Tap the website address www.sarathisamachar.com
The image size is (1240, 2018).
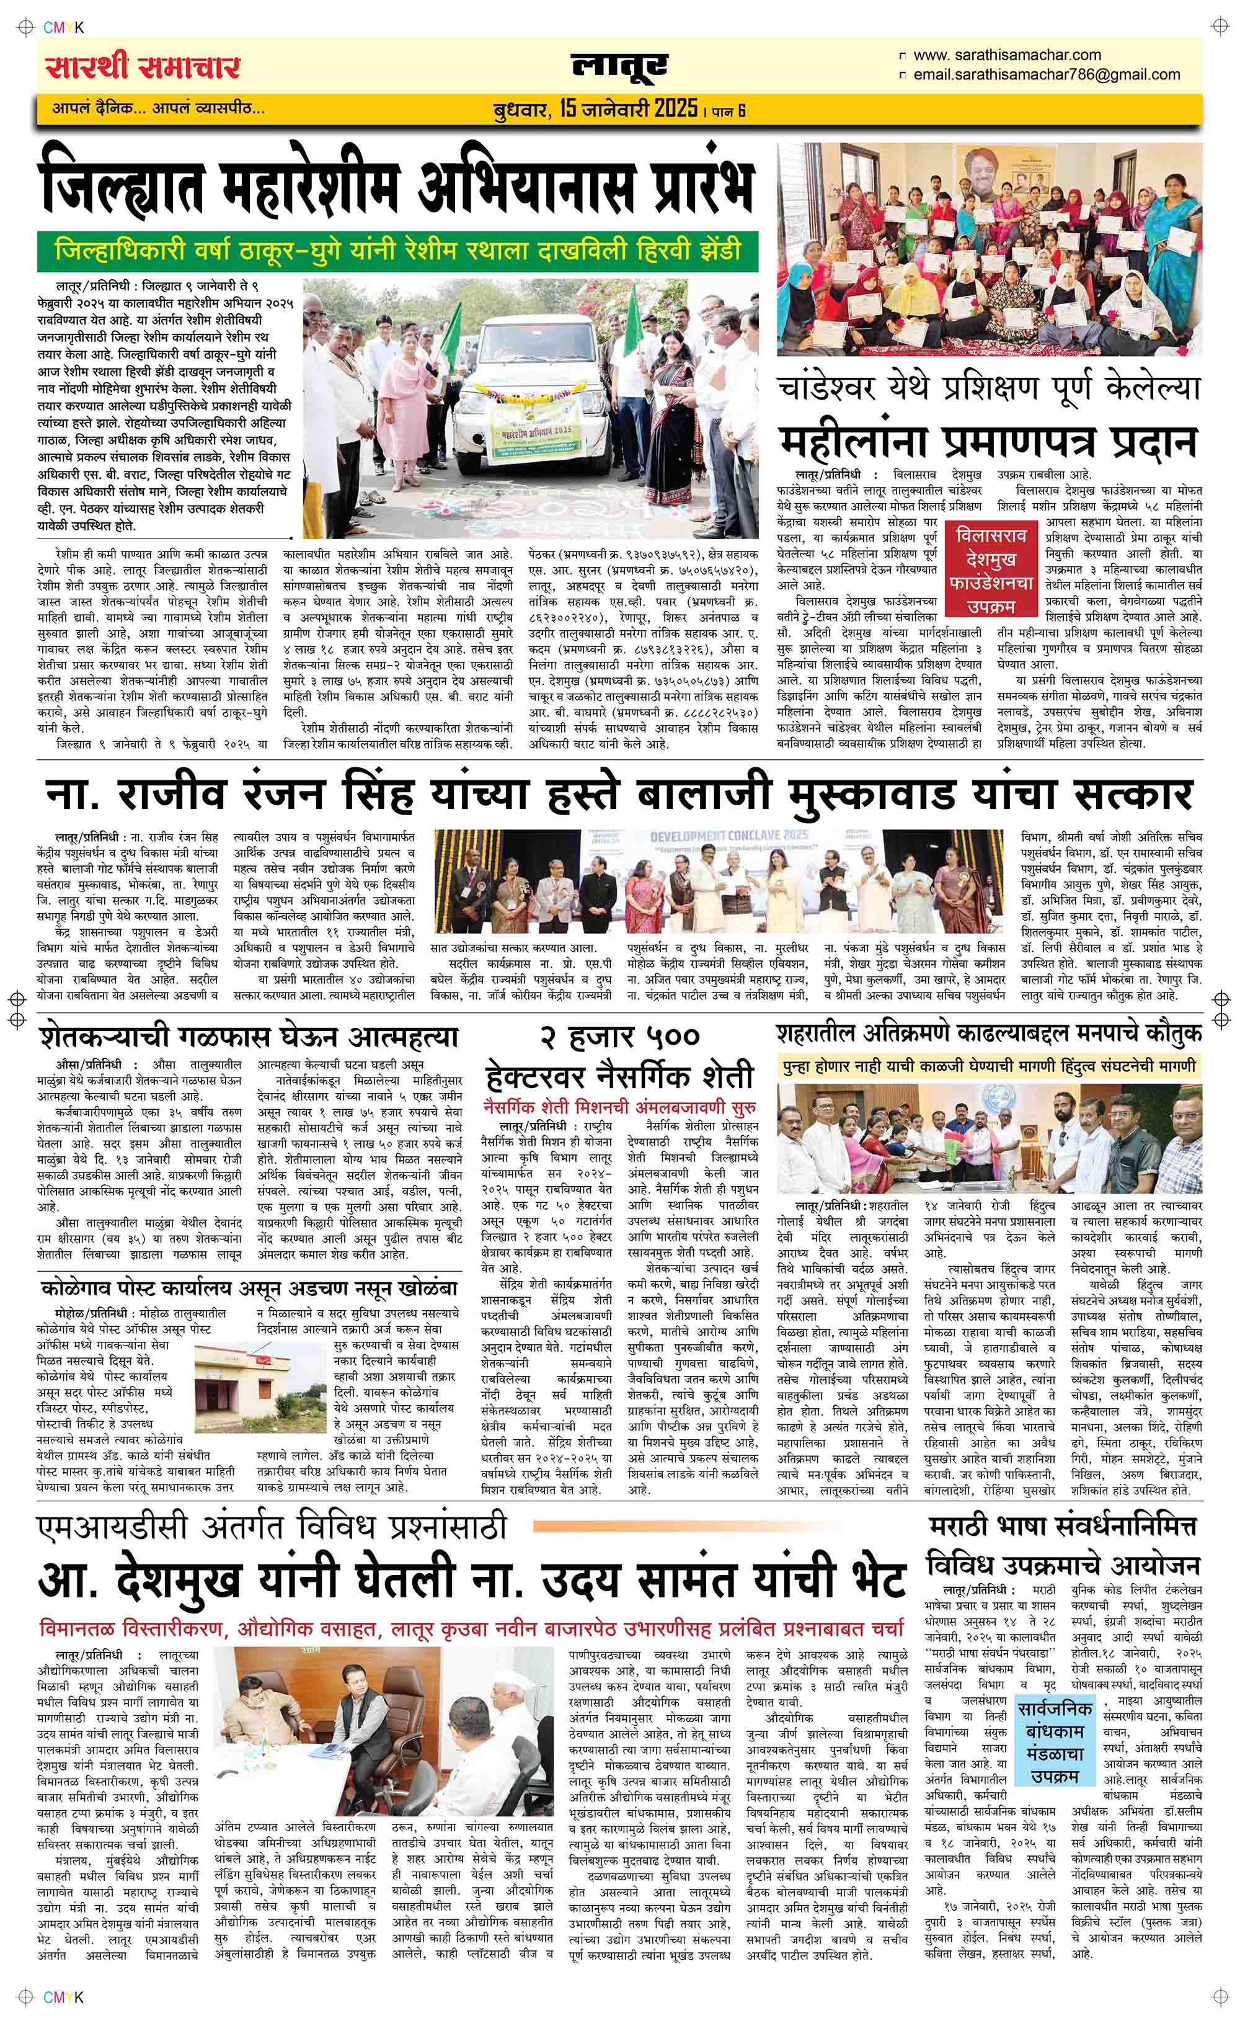point(1006,55)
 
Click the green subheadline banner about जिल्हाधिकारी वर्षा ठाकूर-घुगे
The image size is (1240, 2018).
point(397,250)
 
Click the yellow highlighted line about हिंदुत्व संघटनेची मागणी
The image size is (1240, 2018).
point(989,1066)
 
